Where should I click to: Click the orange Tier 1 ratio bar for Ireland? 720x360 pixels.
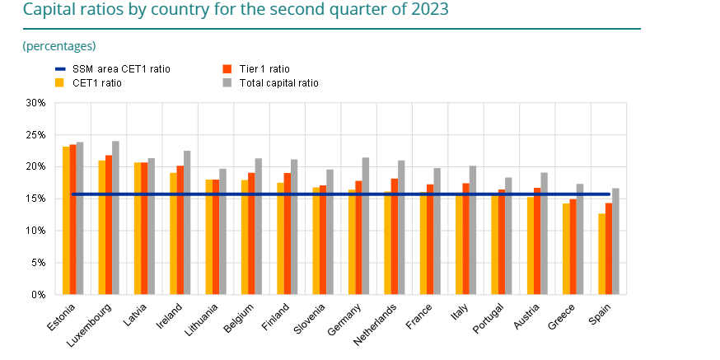pyautogui.click(x=180, y=230)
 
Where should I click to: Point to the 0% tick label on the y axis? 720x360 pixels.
pyautogui.click(x=38, y=294)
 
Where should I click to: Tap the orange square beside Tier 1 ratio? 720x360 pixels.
pyautogui.click(x=227, y=69)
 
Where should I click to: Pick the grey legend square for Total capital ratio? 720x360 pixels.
pyautogui.click(x=227, y=82)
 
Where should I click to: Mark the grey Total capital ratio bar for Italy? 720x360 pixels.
pyautogui.click(x=473, y=230)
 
